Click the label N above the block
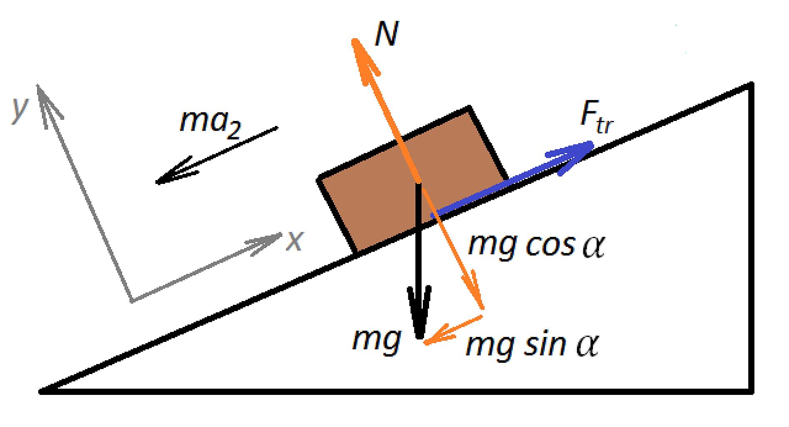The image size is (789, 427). pyautogui.click(x=386, y=34)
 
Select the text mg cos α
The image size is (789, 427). pyautogui.click(x=536, y=246)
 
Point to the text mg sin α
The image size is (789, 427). pyautogui.click(x=532, y=345)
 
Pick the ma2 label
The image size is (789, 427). pyautogui.click(x=210, y=123)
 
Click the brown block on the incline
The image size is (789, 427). pyautogui.click(x=412, y=180)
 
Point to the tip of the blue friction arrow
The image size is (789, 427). pyautogui.click(x=593, y=143)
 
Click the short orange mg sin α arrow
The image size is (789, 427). pyautogui.click(x=453, y=329)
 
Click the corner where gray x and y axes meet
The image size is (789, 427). pyautogui.click(x=132, y=300)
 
